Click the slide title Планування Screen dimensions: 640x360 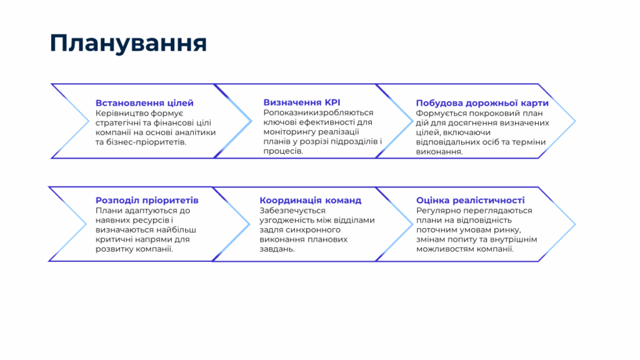128,43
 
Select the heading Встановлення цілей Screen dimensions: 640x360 144,103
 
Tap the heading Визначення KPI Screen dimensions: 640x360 302,102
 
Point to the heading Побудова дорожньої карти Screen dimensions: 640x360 482,103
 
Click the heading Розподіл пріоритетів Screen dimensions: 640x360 147,201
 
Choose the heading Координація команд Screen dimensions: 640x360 310,201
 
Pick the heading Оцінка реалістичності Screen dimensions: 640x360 470,201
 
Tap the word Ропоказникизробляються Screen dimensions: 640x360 318,112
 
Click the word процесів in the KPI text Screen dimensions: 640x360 283,151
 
